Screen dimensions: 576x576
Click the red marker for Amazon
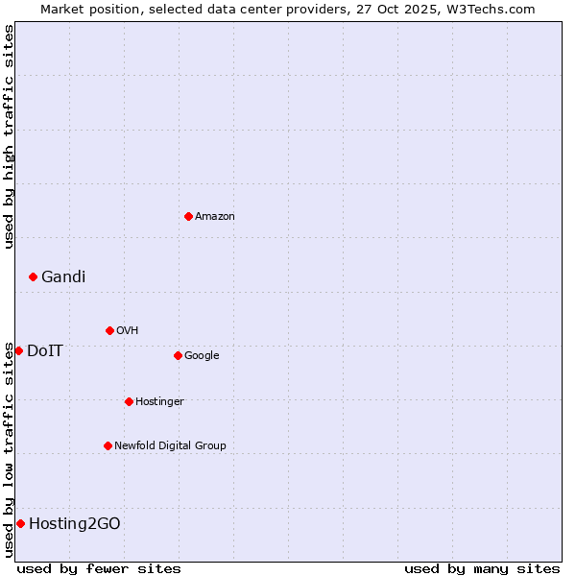pos(188,216)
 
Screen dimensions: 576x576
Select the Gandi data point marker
pos(33,276)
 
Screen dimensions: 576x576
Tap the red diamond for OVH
pos(109,330)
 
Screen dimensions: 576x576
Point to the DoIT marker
pos(18,350)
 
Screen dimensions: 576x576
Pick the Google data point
pos(178,355)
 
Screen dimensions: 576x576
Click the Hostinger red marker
pos(129,401)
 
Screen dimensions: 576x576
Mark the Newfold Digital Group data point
pos(108,445)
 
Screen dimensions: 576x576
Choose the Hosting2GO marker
pos(20,523)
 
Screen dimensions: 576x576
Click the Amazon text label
pos(215,216)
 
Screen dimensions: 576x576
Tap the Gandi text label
pos(63,276)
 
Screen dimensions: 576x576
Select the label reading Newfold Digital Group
pos(170,445)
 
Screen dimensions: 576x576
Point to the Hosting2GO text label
pos(75,523)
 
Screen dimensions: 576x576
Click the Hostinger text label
pos(159,401)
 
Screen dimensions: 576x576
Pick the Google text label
pos(202,355)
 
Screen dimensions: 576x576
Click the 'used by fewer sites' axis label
pos(99,568)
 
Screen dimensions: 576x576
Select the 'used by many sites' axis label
pos(482,568)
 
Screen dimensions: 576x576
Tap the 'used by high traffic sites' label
pos(9,136)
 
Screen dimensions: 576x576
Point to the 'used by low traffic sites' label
pos(9,448)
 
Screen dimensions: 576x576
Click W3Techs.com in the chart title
pos(488,9)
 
